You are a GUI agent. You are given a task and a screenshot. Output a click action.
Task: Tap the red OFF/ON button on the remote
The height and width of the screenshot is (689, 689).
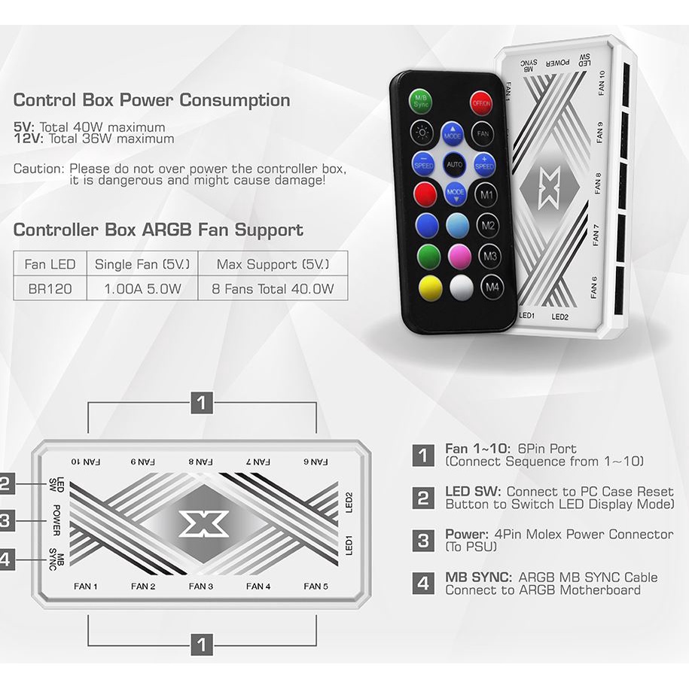point(481,103)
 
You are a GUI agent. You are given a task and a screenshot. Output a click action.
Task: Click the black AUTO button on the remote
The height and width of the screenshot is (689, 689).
point(453,163)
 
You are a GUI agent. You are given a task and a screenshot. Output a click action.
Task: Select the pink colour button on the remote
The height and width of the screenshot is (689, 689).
point(459,256)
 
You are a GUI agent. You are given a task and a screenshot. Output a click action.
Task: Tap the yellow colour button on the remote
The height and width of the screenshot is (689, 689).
point(430,288)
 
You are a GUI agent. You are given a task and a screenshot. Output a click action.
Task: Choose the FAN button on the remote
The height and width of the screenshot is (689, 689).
point(483,133)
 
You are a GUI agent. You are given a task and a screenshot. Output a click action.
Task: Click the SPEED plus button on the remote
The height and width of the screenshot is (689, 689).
point(484,162)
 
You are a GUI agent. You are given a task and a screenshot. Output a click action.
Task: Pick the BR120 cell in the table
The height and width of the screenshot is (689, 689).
point(50,288)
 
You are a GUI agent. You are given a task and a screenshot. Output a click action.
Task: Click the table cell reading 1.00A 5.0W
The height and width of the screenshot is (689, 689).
point(142,288)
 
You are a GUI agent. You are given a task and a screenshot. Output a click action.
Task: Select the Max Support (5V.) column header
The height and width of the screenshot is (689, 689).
point(272,264)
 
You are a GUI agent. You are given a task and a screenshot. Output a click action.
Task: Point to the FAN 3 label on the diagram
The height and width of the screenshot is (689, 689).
point(201,586)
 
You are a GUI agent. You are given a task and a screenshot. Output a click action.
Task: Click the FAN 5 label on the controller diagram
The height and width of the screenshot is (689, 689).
point(316,586)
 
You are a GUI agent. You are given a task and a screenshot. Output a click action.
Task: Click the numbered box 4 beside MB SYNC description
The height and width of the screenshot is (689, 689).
point(423,584)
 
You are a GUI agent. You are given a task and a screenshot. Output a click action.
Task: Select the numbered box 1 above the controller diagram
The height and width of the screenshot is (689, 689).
point(201,403)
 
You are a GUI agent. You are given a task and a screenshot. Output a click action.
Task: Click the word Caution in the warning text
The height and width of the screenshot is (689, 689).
point(38,169)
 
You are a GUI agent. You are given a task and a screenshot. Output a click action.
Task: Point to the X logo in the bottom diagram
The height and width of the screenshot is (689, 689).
point(203,523)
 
